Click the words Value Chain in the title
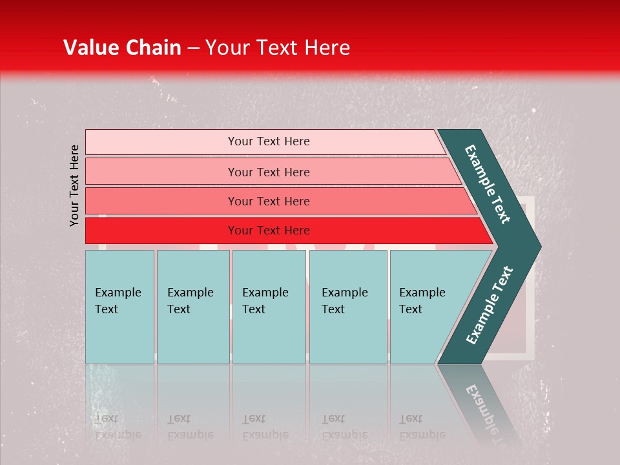coord(122,48)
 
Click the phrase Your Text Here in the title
coord(278,48)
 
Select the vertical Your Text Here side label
coord(74,185)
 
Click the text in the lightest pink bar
coord(269,141)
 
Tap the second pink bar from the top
coord(269,172)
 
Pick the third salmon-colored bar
coord(269,201)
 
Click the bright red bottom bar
coord(269,231)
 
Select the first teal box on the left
coord(119,306)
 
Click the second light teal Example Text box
coord(192,306)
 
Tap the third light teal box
coord(269,306)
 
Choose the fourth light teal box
coord(347,306)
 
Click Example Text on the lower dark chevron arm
coord(490,305)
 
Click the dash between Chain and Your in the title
coord(193,48)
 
